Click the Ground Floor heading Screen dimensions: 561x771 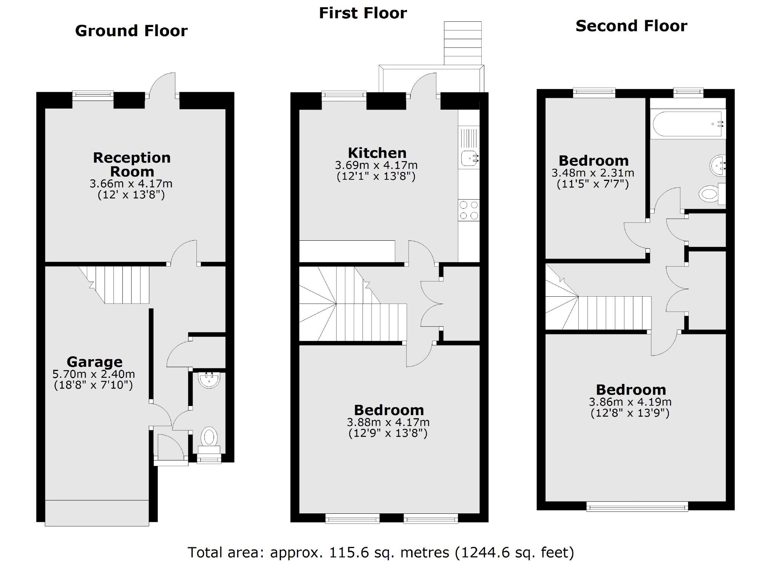coord(131,31)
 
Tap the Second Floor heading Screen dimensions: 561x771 coord(631,26)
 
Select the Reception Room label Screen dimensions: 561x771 coord(132,165)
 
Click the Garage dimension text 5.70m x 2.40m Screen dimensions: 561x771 coord(94,374)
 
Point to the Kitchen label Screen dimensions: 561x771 coord(377,153)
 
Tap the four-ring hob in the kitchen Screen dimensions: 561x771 coord(469,210)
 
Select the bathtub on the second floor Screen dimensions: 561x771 coord(688,124)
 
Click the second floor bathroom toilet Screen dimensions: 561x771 coord(709,194)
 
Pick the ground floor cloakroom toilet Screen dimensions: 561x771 coord(209,436)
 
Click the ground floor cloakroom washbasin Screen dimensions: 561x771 coord(209,380)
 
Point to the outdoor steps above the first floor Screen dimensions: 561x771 coord(463,43)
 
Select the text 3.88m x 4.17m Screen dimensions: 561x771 coord(388,422)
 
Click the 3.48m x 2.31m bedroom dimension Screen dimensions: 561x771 coord(593,173)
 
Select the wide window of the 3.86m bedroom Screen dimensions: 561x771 coord(637,506)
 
